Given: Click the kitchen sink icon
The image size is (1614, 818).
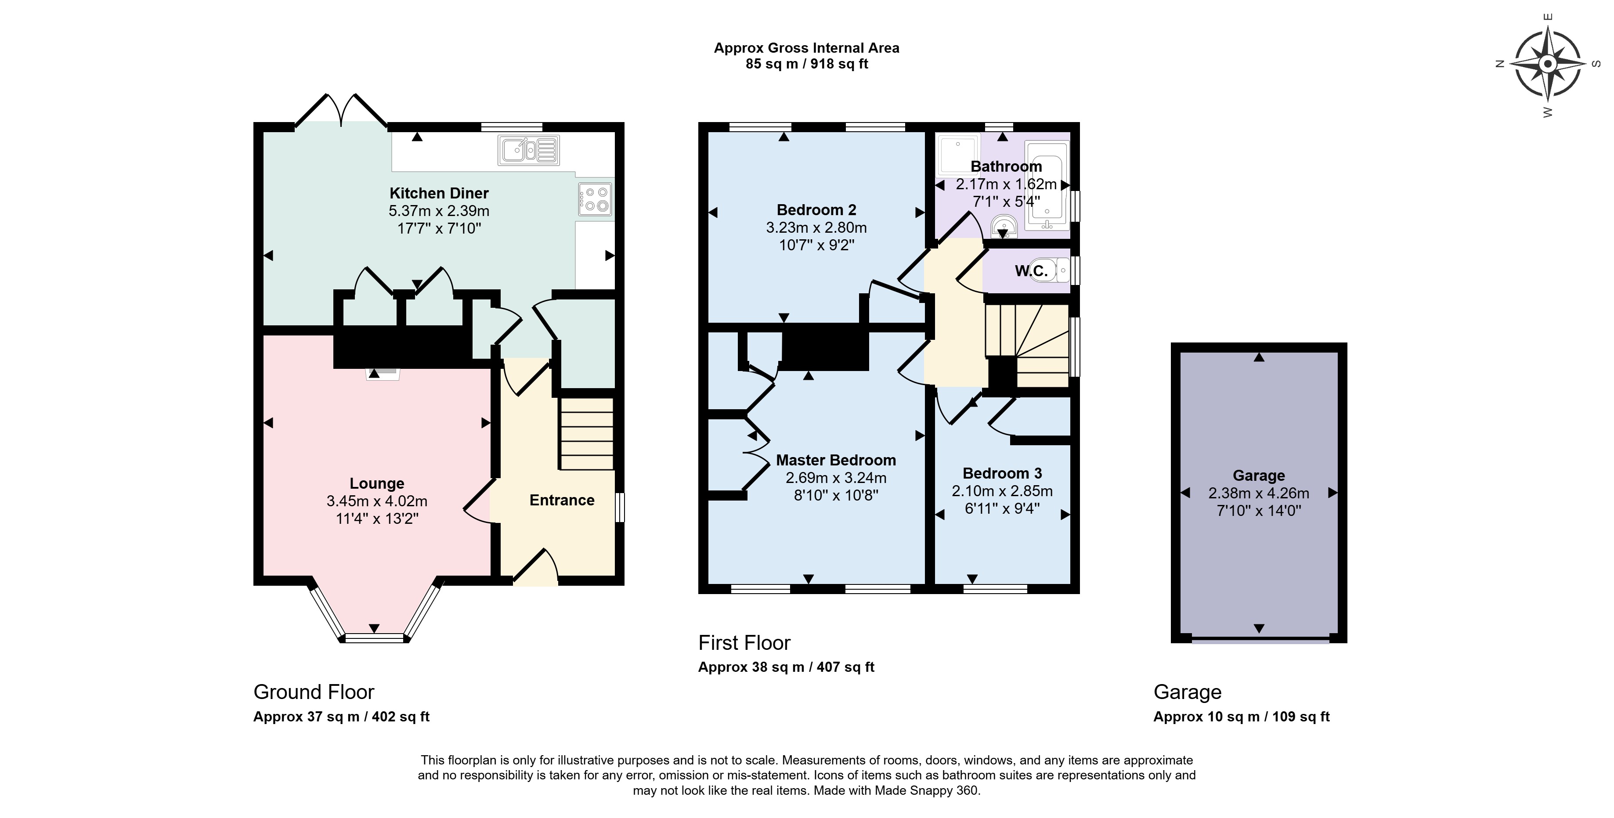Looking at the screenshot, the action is click(x=529, y=150).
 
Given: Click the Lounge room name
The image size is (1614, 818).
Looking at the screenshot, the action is click(x=376, y=483).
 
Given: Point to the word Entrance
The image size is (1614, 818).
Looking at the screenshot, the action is click(x=562, y=500).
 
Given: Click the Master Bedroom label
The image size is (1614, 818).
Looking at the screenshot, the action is click(x=836, y=460).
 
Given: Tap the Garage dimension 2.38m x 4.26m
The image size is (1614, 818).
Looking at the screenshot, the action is click(x=1259, y=493).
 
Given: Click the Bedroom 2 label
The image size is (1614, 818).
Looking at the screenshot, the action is click(x=816, y=210).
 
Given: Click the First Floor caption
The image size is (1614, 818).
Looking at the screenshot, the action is click(x=744, y=643).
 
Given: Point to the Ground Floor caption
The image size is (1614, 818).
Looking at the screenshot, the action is click(x=314, y=692).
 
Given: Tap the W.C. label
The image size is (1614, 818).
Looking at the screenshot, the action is click(x=1031, y=270).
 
